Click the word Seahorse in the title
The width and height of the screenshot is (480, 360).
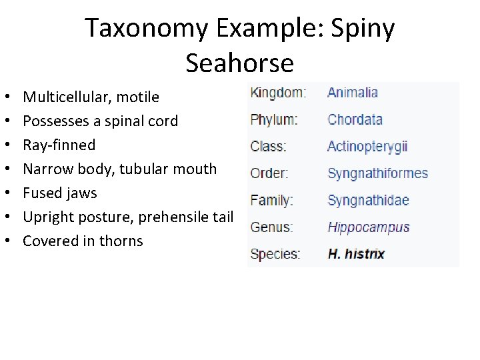pos(239,63)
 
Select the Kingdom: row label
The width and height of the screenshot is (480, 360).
pos(278,93)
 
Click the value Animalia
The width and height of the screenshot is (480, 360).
pos(352,93)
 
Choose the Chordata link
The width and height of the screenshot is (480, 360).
pos(355,120)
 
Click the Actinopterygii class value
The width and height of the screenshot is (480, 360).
pos(367,147)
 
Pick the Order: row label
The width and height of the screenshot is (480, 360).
pos(269,173)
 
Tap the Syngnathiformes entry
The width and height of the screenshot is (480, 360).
pos(377,173)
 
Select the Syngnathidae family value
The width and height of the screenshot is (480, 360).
pos(368,200)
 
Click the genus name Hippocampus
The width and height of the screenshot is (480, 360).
pos(368,227)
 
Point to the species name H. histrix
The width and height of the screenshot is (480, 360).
pos(356,254)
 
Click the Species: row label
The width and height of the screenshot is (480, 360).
pos(275,254)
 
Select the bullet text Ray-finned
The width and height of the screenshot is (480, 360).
pos(59,145)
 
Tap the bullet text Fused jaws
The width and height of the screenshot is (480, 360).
pos(59,193)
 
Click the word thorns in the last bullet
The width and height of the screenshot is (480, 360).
pos(122,241)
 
